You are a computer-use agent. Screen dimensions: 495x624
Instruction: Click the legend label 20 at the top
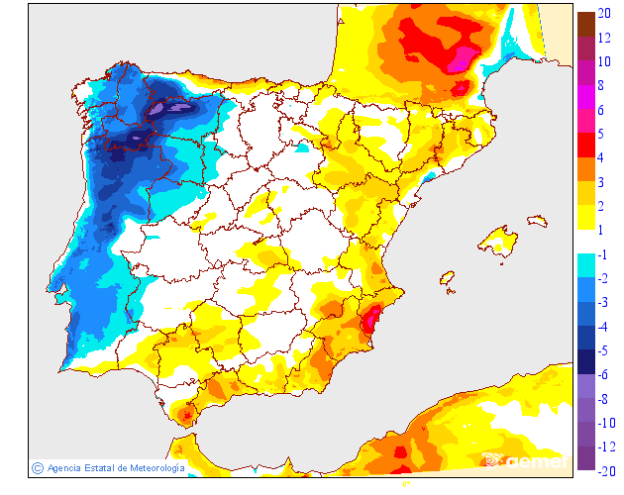click(x=604, y=14)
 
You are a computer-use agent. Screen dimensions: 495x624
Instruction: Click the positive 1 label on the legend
click(x=601, y=230)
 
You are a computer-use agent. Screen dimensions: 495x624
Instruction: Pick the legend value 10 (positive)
click(x=604, y=61)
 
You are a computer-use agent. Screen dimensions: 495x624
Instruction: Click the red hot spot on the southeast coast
click(x=371, y=320)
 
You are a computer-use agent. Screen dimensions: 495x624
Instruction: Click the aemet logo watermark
click(x=525, y=460)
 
